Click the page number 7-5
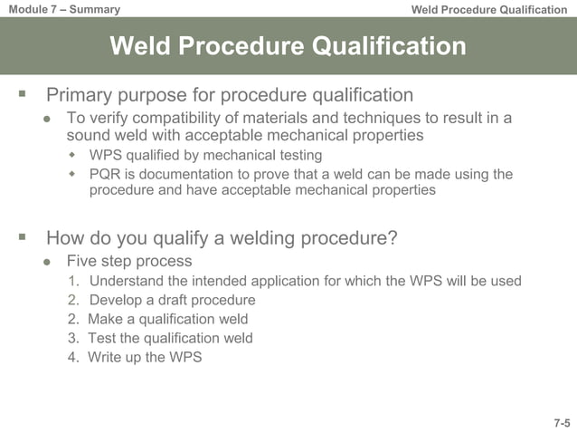[562, 423]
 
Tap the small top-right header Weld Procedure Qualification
[488, 10]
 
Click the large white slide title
[288, 46]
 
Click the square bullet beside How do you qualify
[22, 237]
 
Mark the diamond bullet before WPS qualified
[73, 156]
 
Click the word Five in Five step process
[81, 262]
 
